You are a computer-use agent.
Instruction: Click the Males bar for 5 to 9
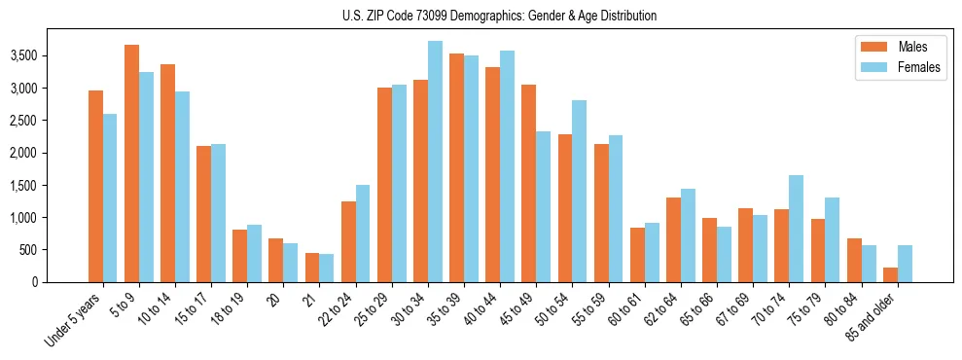pyautogui.click(x=131, y=163)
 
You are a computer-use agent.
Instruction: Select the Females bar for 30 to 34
pyautogui.click(x=435, y=162)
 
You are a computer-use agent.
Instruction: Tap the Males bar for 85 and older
pyautogui.click(x=890, y=274)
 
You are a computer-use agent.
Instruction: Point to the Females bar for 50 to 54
pyautogui.click(x=579, y=191)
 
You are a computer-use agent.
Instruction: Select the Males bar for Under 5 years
pyautogui.click(x=95, y=186)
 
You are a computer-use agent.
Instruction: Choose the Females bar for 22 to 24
pyautogui.click(x=363, y=234)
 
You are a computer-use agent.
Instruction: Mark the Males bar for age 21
pyautogui.click(x=312, y=268)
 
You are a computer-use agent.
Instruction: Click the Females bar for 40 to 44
pyautogui.click(x=507, y=166)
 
